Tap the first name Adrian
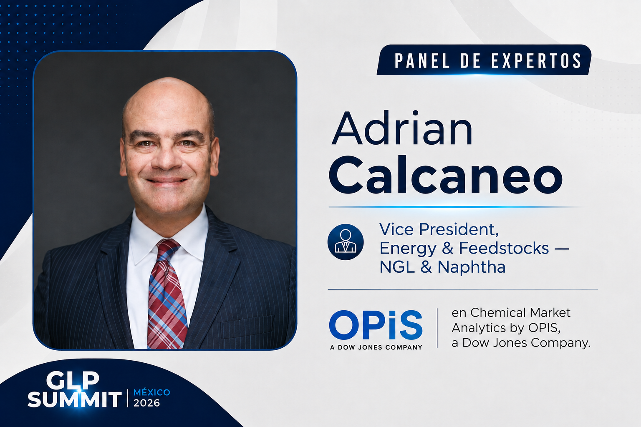point(402,128)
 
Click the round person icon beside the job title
point(346,242)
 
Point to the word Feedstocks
point(504,248)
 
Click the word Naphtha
point(472,267)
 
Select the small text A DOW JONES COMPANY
point(376,347)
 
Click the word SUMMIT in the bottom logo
point(74,399)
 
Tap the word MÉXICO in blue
point(151,392)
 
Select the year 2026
point(147,403)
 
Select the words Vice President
point(439,229)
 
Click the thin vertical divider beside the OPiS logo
point(437,328)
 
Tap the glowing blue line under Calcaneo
point(455,206)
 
